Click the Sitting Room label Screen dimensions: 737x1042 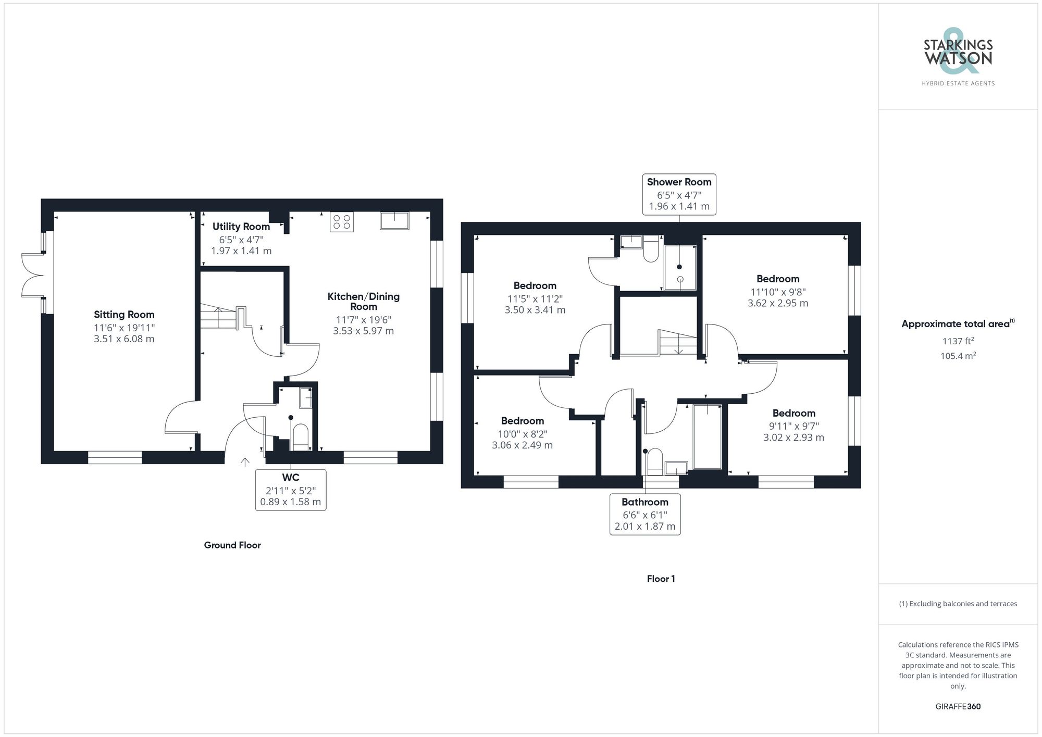click(124, 315)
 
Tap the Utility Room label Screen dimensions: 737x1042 click(241, 227)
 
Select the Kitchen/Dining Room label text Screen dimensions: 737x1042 click(363, 301)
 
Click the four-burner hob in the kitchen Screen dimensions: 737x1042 click(341, 222)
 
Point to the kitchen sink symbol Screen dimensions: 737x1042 click(394, 220)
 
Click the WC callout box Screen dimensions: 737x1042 click(290, 490)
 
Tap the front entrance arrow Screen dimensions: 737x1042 click(245, 462)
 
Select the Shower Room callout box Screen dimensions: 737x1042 click(679, 194)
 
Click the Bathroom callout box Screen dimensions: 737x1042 click(644, 514)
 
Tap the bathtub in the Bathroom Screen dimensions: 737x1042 click(708, 436)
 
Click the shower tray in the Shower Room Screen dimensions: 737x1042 click(680, 267)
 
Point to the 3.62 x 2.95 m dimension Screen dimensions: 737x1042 click(777, 303)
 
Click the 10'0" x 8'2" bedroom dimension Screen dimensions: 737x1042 click(522, 434)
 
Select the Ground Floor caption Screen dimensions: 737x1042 click(232, 545)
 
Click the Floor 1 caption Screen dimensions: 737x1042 click(661, 579)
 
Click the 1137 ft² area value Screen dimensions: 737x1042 click(958, 341)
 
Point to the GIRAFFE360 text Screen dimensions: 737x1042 click(958, 706)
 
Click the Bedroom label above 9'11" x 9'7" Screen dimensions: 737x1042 click(793, 413)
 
